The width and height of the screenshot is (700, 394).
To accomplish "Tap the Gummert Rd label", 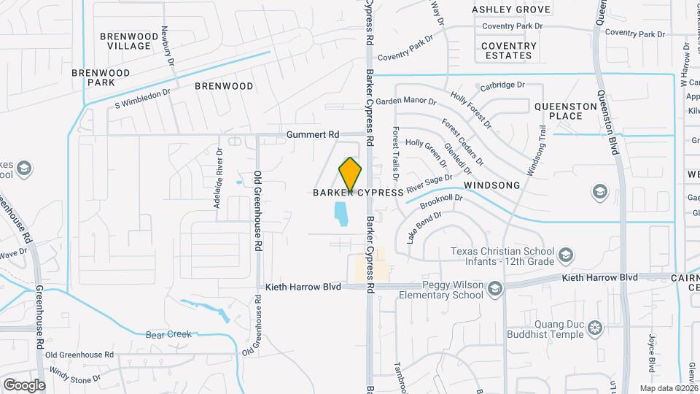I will tap(314, 135).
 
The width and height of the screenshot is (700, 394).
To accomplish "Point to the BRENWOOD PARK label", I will tap(100, 77).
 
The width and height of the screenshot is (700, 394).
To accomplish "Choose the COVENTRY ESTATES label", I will tap(508, 50).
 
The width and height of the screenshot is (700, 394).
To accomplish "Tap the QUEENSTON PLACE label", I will tap(568, 111).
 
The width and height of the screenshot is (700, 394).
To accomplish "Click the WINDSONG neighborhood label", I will tap(492, 185).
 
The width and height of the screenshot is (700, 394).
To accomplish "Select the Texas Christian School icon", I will tap(567, 255).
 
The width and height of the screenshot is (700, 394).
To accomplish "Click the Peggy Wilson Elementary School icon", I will tap(496, 289).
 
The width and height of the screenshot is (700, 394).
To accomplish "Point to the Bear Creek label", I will tap(168, 334).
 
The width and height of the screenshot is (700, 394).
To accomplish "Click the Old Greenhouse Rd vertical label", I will tap(257, 211).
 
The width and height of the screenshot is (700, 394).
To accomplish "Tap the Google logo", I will tap(24, 385).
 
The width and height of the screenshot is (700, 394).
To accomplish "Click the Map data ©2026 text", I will tap(667, 387).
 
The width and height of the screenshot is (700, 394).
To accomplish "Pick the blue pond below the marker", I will tap(340, 214).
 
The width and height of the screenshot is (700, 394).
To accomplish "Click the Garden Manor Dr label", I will tap(405, 101).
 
